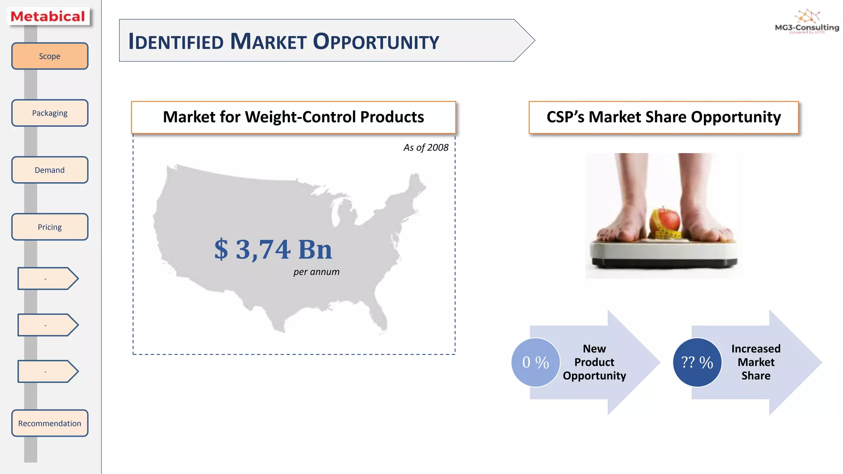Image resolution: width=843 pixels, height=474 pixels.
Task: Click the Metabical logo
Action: click(x=48, y=16)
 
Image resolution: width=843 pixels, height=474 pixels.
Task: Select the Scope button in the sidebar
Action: click(x=49, y=56)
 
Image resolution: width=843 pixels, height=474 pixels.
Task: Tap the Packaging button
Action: click(x=49, y=113)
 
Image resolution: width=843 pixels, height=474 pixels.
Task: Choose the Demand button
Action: click(x=49, y=170)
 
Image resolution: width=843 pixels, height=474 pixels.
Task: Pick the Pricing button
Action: click(x=49, y=227)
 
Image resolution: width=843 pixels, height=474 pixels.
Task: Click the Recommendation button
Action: click(x=49, y=423)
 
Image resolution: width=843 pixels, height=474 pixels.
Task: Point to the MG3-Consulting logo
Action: click(x=807, y=23)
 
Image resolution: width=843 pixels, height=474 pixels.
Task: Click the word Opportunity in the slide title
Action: click(x=376, y=42)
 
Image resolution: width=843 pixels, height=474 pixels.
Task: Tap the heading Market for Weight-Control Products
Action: click(x=293, y=117)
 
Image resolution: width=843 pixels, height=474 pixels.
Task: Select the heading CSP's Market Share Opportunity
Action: click(x=664, y=117)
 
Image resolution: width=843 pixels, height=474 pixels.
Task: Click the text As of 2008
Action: click(x=426, y=147)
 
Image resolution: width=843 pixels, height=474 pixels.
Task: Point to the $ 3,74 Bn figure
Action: click(x=273, y=249)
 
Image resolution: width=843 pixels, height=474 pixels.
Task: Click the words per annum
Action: click(x=316, y=272)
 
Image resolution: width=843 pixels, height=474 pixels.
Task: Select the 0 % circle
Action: click(x=536, y=362)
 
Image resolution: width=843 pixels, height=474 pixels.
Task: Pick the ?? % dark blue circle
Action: click(x=697, y=362)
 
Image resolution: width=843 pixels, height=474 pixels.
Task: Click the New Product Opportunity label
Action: click(x=594, y=362)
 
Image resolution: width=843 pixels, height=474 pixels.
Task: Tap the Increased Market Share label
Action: click(x=756, y=362)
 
